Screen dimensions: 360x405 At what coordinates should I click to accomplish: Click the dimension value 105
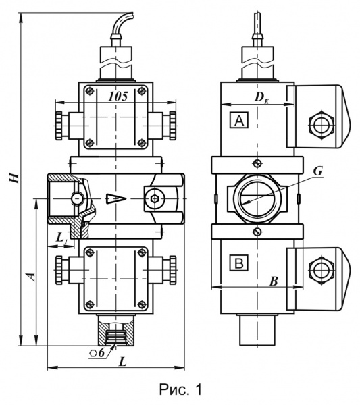pos(118,97)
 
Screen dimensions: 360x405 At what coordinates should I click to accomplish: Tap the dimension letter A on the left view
pos(31,276)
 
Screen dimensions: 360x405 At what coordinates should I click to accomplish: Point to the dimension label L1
pos(61,238)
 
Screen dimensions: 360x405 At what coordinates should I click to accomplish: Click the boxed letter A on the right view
pos(239,120)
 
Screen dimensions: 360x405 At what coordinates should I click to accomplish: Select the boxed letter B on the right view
pos(238,263)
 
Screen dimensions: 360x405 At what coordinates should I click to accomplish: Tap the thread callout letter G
pos(318,171)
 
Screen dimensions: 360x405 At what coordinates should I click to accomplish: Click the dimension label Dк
pos(261,97)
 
